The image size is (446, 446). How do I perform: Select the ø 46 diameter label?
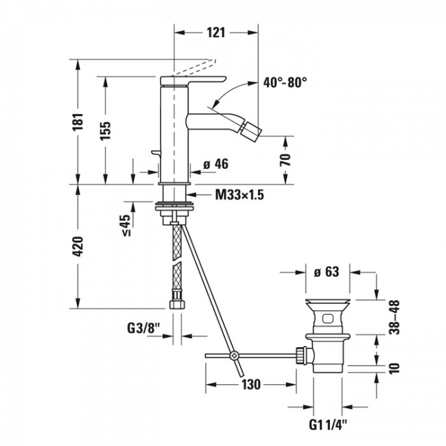click(x=215, y=164)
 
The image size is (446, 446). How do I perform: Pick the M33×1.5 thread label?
click(x=239, y=195)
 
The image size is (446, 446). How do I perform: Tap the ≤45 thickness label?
click(x=125, y=225)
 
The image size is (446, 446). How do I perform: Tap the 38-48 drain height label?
click(x=393, y=316)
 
